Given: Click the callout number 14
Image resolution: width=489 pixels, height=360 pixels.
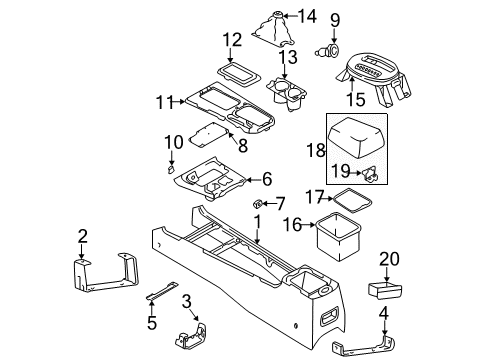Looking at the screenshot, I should pyautogui.click(x=306, y=16).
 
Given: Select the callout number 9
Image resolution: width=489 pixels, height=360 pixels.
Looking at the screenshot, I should pyautogui.click(x=336, y=19).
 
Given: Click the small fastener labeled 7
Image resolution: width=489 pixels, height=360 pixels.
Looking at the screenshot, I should pyautogui.click(x=253, y=205).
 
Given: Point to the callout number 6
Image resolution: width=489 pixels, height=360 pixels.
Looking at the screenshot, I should pyautogui.click(x=266, y=180).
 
